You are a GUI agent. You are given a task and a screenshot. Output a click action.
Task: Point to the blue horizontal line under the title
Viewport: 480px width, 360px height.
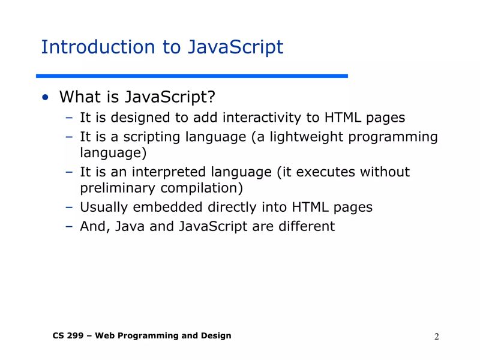(192, 76)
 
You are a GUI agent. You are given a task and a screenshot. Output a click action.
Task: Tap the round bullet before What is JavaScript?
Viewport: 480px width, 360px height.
(45, 98)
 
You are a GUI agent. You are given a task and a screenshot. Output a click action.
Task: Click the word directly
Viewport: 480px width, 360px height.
(232, 208)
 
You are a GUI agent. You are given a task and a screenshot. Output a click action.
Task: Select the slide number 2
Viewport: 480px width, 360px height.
(437, 337)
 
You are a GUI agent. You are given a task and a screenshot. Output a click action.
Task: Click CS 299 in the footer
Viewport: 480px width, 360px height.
(65, 336)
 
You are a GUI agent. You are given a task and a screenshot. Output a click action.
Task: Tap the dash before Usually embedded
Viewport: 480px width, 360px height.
(69, 208)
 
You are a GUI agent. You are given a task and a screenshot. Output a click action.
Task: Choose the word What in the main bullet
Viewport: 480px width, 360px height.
(76, 97)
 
